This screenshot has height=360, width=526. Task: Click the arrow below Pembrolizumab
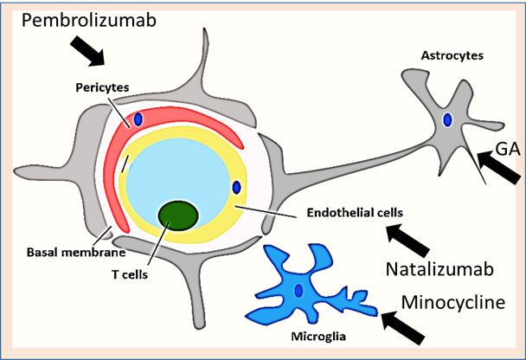pyautogui.click(x=87, y=53)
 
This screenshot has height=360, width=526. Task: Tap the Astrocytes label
pyautogui.click(x=451, y=56)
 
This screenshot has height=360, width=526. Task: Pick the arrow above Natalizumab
pyautogui.click(x=409, y=240)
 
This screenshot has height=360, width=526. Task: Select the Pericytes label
pyautogui.click(x=103, y=88)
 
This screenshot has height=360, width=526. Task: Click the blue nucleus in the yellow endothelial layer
pyautogui.click(x=236, y=187)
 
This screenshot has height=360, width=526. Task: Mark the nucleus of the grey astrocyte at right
pyautogui.click(x=447, y=120)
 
